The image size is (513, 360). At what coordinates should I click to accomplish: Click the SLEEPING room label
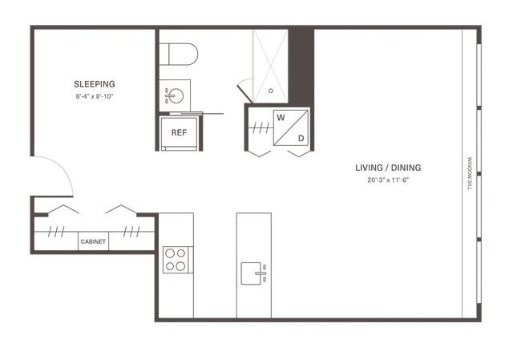coord(95,84)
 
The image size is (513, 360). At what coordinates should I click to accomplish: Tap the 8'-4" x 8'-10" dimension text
coord(95,96)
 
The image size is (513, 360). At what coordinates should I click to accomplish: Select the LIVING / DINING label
coord(388,168)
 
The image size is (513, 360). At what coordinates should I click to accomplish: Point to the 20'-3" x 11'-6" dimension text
coord(388,180)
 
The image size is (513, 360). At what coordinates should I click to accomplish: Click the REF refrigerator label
coord(179,132)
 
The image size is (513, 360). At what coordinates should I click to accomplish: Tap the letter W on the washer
coord(281,118)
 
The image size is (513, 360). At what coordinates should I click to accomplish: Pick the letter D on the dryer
coord(301,139)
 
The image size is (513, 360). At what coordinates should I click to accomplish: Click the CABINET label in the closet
coord(93,241)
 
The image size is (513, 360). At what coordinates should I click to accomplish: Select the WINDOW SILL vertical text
coord(470,174)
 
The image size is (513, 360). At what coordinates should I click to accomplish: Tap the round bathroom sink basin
coord(176,96)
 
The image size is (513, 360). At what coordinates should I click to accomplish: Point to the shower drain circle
coord(271,91)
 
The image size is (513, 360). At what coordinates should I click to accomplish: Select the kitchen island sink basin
coord(251,273)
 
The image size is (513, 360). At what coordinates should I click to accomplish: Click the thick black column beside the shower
coord(301,66)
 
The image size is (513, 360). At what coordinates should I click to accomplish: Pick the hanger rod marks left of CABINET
coord(56,232)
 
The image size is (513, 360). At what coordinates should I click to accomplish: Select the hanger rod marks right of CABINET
coord(131,232)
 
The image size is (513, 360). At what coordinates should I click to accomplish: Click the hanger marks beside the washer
coord(261,128)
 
